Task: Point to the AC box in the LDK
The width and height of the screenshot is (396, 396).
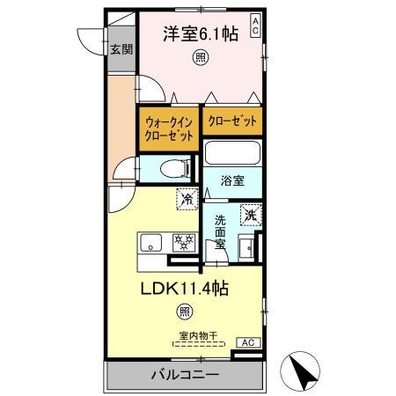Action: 247,342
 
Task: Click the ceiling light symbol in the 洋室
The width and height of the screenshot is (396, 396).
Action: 200,59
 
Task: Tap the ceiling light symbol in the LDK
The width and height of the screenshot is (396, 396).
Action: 184,311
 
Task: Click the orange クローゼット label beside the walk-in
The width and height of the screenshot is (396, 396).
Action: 232,120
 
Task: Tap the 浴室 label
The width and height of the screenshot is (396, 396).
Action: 232,181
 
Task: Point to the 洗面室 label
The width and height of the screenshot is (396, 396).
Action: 220,231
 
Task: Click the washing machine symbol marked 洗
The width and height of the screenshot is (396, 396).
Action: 250,215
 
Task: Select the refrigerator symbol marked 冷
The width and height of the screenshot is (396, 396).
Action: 187,200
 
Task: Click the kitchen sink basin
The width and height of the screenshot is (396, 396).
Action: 149,242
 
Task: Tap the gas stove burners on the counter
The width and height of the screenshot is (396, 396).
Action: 183,241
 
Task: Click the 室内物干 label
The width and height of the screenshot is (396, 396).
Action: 199,335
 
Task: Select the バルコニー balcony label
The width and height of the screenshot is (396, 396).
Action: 185,376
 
